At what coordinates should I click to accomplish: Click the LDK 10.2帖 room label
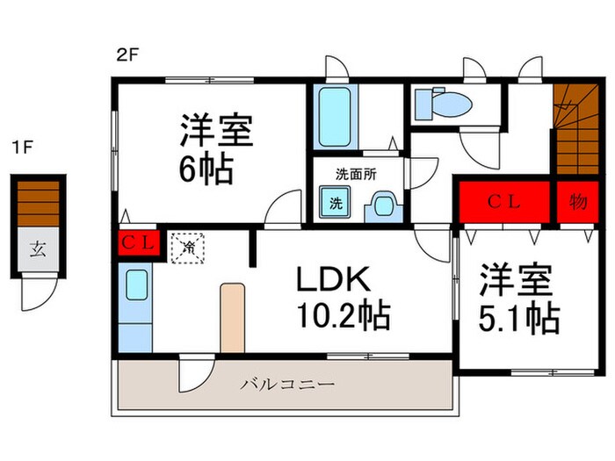[343, 296]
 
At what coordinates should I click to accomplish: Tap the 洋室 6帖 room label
[216, 149]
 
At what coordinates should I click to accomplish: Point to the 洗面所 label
[356, 174]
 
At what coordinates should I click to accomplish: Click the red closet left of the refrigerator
[138, 243]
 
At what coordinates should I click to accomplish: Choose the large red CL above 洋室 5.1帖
[503, 203]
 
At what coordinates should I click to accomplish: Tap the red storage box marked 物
[576, 203]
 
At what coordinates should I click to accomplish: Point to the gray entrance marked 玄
[39, 249]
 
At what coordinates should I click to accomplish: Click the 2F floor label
[127, 54]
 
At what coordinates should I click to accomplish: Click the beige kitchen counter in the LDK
[232, 317]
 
